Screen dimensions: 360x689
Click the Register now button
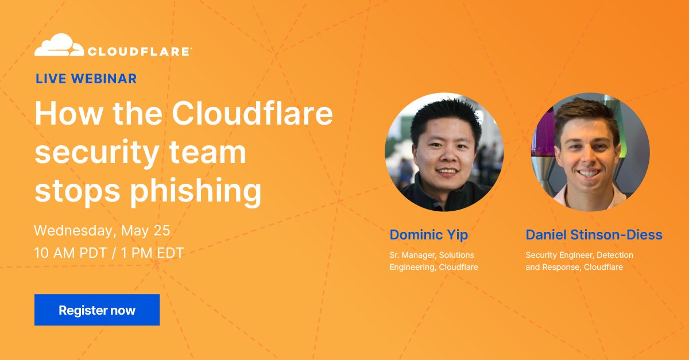pyautogui.click(x=97, y=310)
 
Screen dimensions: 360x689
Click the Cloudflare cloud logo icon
pyautogui.click(x=56, y=46)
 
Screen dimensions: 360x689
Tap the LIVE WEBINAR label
pyautogui.click(x=86, y=79)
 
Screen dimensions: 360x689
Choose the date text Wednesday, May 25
pyautogui.click(x=102, y=231)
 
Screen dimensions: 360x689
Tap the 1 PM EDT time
pyautogui.click(x=152, y=253)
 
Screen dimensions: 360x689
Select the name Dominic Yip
pyautogui.click(x=428, y=234)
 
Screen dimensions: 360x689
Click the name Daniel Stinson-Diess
pyautogui.click(x=594, y=234)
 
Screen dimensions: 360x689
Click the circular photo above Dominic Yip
pyautogui.click(x=444, y=152)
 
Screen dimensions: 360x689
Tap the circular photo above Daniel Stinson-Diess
pyautogui.click(x=590, y=152)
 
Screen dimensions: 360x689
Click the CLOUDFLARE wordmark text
pyautogui.click(x=139, y=52)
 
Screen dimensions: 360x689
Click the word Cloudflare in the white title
pyautogui.click(x=253, y=115)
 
